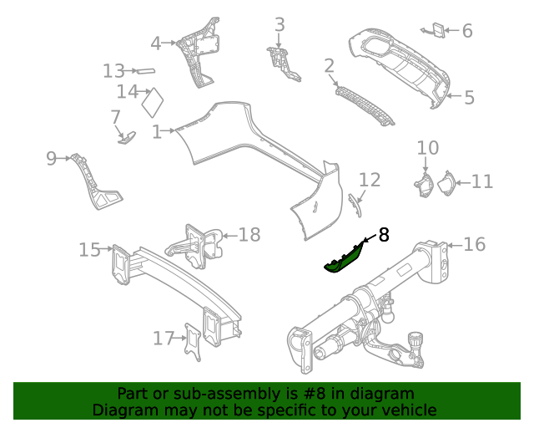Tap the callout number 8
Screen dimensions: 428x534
pyautogui.click(x=384, y=235)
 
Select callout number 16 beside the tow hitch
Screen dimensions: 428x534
pyautogui.click(x=474, y=244)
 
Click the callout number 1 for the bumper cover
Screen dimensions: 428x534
pyautogui.click(x=157, y=131)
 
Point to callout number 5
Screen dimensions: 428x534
pyautogui.click(x=469, y=98)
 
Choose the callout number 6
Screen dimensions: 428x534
pyautogui.click(x=466, y=31)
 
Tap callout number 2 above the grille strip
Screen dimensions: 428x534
pyautogui.click(x=329, y=66)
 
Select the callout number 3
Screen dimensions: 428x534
pyautogui.click(x=280, y=24)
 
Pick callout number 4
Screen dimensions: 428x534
pyautogui.click(x=156, y=43)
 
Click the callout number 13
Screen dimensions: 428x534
pyautogui.click(x=113, y=71)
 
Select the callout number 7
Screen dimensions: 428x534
pyautogui.click(x=115, y=116)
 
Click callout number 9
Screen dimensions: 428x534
pyautogui.click(x=51, y=157)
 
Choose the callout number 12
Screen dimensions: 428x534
pyautogui.click(x=369, y=180)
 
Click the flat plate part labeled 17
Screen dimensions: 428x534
pyautogui.click(x=194, y=343)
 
